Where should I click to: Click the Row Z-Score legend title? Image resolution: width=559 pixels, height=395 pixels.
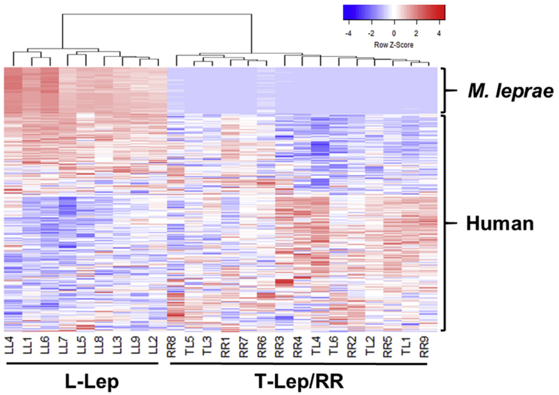coord(394,43)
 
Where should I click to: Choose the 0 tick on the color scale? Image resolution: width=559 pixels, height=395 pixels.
coord(394,32)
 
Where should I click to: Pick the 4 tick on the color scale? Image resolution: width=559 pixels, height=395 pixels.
coord(438,32)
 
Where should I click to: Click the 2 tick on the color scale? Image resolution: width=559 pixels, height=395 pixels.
coord(416,32)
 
